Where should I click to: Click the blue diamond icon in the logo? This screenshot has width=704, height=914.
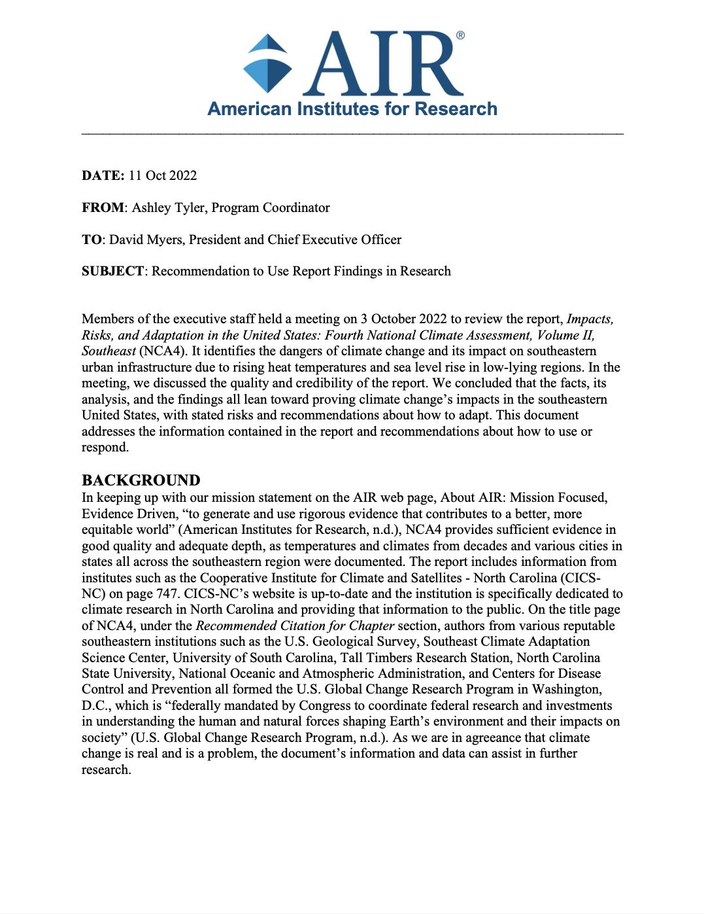pyautogui.click(x=267, y=63)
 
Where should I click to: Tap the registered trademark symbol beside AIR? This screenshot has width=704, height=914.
pyautogui.click(x=460, y=35)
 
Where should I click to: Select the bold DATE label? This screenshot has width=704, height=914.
pyautogui.click(x=103, y=175)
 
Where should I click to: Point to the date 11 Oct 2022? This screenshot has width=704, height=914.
pyautogui.click(x=163, y=175)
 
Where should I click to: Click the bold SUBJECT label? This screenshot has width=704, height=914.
pyautogui.click(x=112, y=271)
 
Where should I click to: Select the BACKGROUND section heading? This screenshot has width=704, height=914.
pyautogui.click(x=141, y=480)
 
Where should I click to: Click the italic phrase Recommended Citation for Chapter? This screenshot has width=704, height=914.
pyautogui.click(x=295, y=625)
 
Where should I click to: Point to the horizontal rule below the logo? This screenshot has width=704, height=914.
pyautogui.click(x=352, y=133)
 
